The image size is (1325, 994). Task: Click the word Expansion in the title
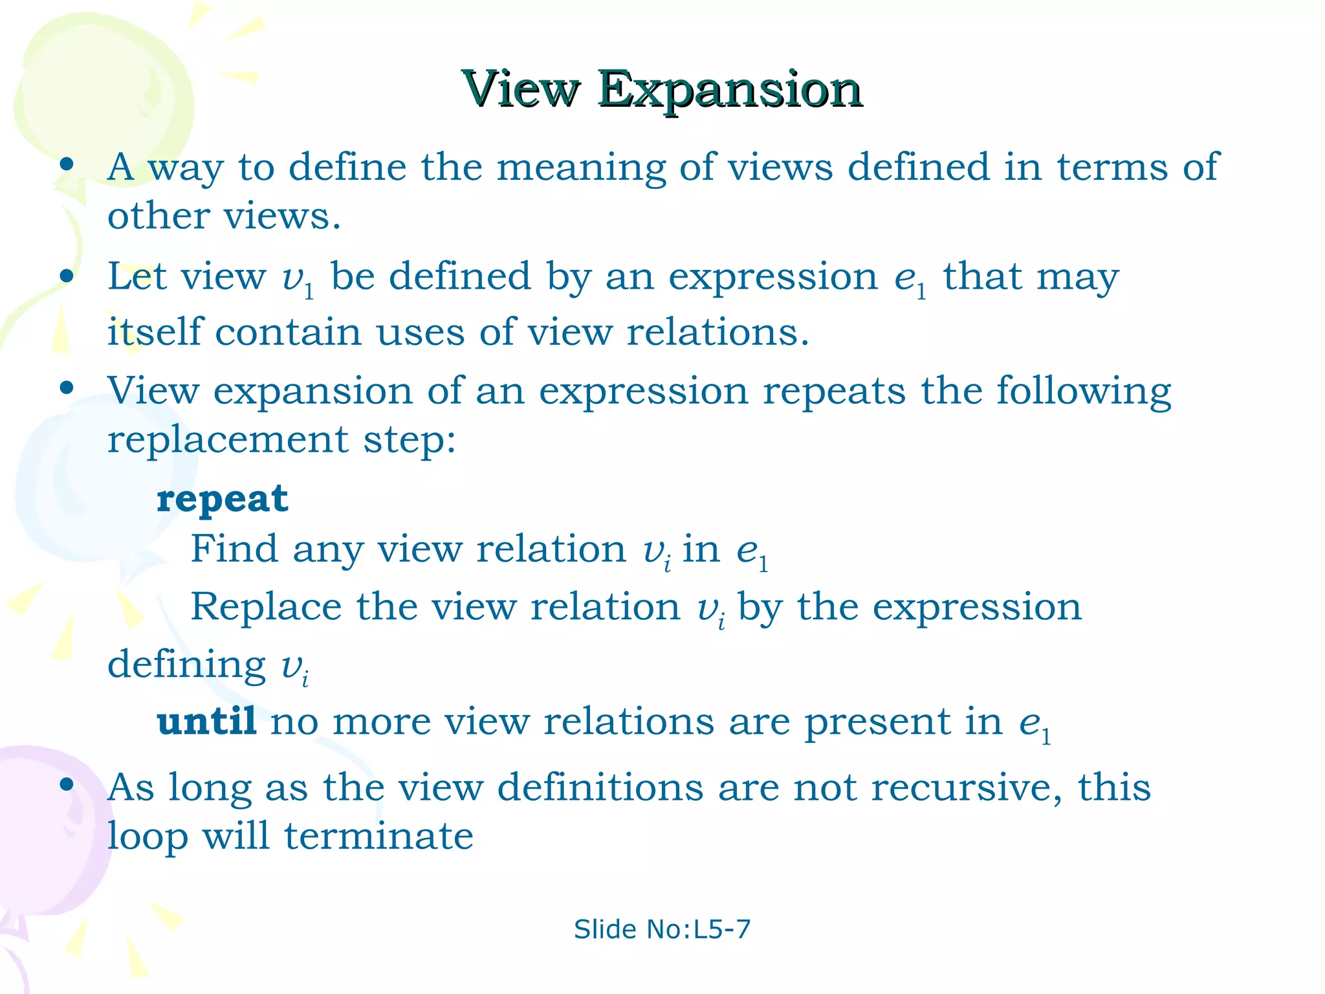[x=730, y=91]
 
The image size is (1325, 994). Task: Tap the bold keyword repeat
[x=222, y=499]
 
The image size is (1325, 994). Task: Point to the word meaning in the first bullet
[x=580, y=168]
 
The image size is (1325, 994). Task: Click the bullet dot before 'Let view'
[x=66, y=276]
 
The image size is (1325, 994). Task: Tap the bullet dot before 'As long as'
[x=66, y=785]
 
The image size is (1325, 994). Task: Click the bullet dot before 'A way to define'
[x=66, y=164]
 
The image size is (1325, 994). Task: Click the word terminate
[x=378, y=836]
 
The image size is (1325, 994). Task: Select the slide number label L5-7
[x=721, y=929]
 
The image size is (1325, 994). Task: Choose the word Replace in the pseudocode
[x=266, y=607]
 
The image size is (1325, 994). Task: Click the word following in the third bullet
[x=1084, y=392]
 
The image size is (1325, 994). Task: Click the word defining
[x=186, y=665]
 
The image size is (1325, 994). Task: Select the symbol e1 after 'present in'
[x=1035, y=724]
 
